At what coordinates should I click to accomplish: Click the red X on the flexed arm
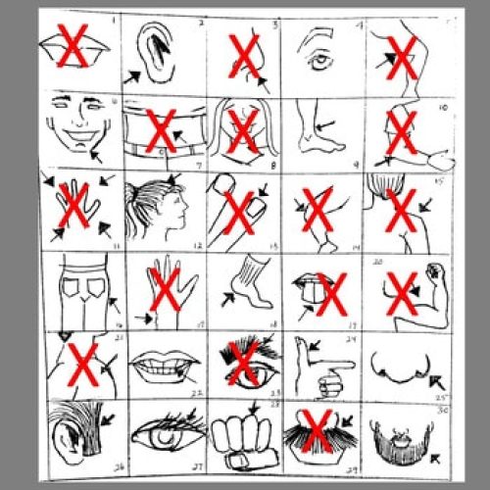[402, 290]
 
